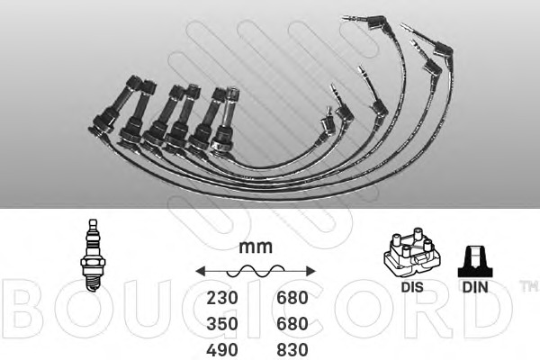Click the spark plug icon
(93, 256)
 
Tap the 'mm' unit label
(256, 247)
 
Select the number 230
(222, 298)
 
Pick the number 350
(222, 324)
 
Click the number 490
(222, 350)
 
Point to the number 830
(292, 350)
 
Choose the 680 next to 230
(292, 298)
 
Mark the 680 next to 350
(292, 324)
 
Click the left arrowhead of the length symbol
(201, 271)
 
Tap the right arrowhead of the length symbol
(310, 271)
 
